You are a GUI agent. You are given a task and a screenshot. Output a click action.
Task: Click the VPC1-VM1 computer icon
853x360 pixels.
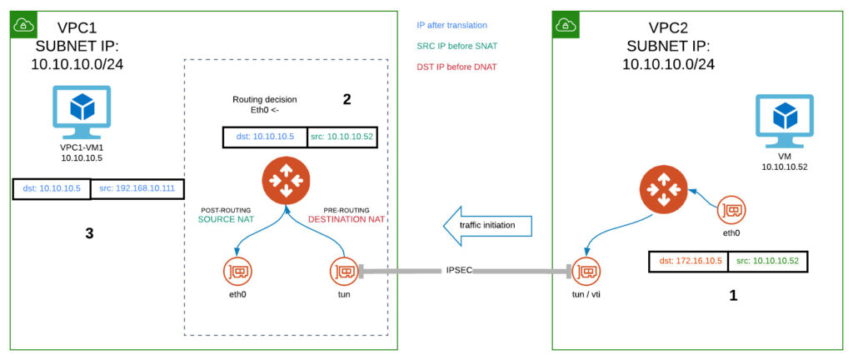(82, 113)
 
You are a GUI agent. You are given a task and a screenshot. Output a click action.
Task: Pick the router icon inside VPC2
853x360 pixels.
(662, 188)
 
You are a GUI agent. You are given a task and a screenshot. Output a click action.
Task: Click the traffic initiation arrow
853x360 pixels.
(487, 225)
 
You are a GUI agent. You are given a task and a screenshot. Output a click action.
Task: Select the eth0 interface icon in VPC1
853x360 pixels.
(237, 271)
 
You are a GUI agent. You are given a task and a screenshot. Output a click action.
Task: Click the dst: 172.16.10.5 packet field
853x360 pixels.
(687, 261)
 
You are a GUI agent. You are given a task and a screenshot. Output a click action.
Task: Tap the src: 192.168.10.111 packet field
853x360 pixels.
(137, 188)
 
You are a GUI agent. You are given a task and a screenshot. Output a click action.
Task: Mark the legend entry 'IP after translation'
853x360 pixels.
(451, 25)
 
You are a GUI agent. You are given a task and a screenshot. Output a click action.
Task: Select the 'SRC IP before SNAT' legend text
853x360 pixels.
(454, 46)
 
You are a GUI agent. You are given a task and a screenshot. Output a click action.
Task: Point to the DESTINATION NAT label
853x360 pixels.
(346, 220)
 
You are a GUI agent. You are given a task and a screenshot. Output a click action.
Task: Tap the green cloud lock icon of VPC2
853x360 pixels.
(566, 24)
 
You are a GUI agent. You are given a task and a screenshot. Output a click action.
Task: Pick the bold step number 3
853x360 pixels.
(90, 233)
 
